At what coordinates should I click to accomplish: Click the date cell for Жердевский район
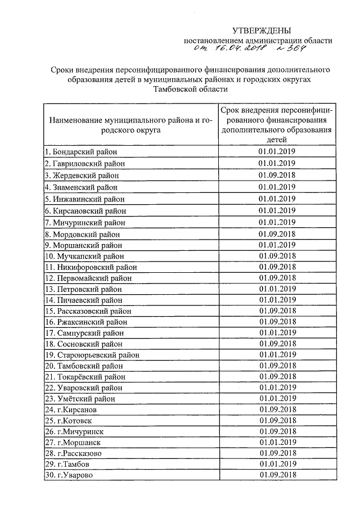coord(277,175)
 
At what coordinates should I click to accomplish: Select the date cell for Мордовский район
coord(277,233)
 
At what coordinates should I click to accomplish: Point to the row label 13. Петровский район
coord(85,289)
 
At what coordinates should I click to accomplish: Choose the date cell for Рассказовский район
coord(277,310)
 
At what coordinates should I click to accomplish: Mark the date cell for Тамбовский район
coord(277,366)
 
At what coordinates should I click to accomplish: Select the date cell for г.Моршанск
coord(277,442)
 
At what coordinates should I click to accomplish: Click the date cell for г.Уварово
coord(277,475)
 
